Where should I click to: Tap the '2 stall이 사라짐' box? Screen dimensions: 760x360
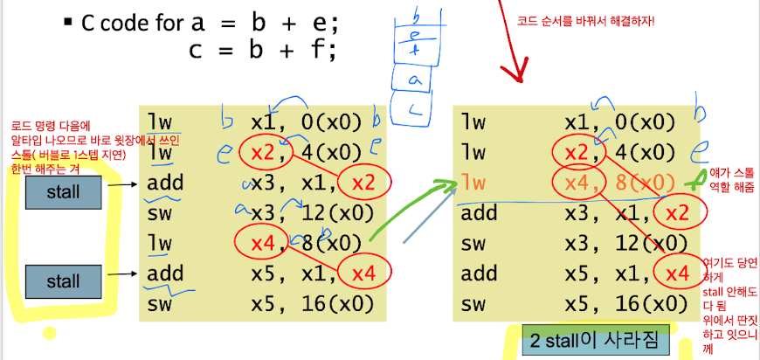[x=592, y=339]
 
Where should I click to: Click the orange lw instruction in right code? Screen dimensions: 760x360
[x=474, y=183]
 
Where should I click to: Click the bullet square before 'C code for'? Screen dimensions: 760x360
[x=68, y=20]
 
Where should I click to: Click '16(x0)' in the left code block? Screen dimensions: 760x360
[x=340, y=304]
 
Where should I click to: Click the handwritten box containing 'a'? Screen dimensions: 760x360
[x=411, y=81]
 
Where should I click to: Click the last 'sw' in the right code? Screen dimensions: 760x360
[x=474, y=304]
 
